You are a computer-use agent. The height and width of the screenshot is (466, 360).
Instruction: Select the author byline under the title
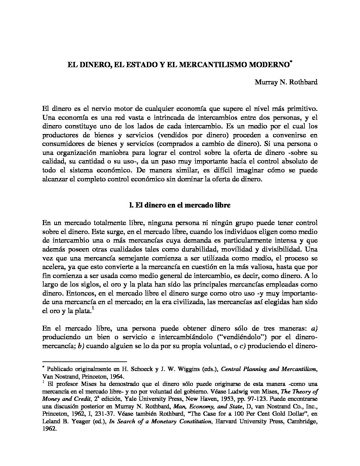[x=286, y=82]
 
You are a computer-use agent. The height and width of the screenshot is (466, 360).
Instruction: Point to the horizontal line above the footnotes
[x=85, y=361]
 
